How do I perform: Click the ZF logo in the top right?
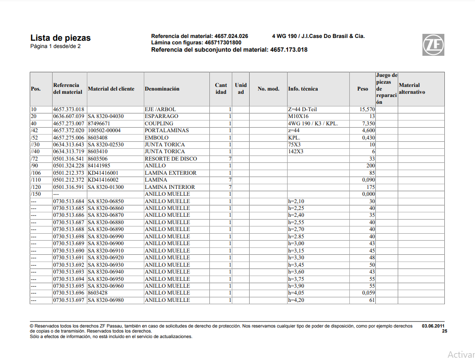tap(432, 44)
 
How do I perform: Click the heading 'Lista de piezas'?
tap(60, 38)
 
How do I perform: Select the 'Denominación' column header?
tap(162, 89)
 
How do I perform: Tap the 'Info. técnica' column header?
tap(303, 89)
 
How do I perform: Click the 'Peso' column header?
tap(363, 89)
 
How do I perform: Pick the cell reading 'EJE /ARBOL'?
tap(160, 110)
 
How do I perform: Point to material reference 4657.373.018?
tap(69, 110)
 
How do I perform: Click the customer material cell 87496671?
tap(99, 124)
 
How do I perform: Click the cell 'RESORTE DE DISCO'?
tap(171, 159)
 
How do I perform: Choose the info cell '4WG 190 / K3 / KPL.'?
tap(313, 124)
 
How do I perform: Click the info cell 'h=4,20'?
tap(296, 300)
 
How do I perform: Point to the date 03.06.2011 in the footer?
tap(432, 326)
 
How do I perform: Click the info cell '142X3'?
tap(295, 152)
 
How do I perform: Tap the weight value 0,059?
tap(368, 293)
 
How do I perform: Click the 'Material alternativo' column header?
tap(412, 89)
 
